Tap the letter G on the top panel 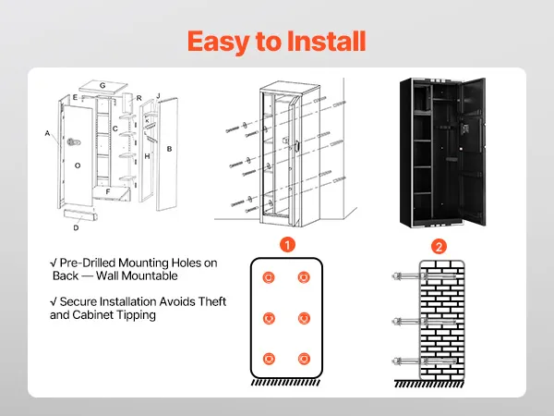click(x=102, y=86)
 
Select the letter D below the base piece click(x=76, y=226)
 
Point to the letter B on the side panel click(x=169, y=149)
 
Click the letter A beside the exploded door click(x=46, y=133)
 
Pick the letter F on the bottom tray click(x=108, y=192)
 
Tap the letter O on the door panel click(x=78, y=165)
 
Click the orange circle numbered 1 click(x=287, y=246)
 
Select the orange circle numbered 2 click(x=439, y=246)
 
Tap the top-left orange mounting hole click(x=269, y=277)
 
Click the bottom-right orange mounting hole click(x=303, y=359)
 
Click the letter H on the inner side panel click(x=147, y=157)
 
